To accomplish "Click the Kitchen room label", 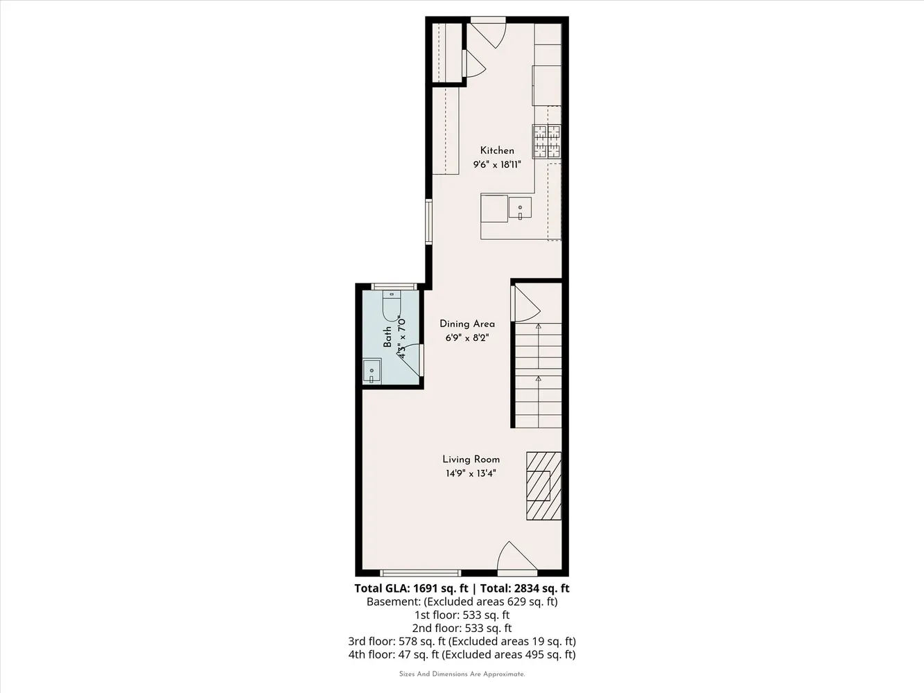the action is click(497, 150).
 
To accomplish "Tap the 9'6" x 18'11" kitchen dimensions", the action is click(497, 164).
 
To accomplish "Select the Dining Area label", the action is click(467, 324).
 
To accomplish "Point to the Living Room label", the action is click(471, 459).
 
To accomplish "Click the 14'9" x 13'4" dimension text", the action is click(471, 474).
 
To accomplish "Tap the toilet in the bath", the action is click(391, 306).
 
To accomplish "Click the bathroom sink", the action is click(372, 371).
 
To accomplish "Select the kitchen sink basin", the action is click(520, 208).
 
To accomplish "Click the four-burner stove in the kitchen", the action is click(547, 141).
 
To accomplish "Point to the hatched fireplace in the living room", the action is click(543, 486).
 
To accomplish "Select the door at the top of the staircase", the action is click(525, 304).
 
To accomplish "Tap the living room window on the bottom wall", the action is click(421, 572).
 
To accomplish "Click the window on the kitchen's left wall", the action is click(428, 222).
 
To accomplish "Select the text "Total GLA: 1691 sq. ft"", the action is click(411, 588).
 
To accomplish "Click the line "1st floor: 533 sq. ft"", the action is click(462, 615).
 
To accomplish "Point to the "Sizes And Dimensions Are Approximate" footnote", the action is click(462, 674).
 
